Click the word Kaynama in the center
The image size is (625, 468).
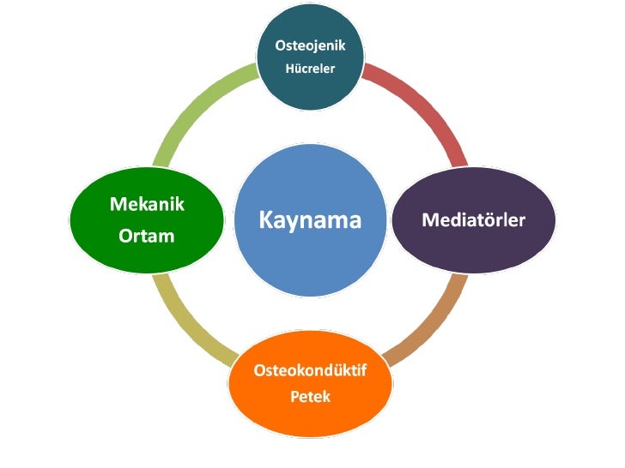310,221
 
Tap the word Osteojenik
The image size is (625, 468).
310,45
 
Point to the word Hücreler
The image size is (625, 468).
310,69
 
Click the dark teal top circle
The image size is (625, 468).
310,86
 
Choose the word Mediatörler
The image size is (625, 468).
473,220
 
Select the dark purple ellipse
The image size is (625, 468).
473,249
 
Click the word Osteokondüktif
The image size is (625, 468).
310,371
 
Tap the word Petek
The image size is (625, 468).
310,398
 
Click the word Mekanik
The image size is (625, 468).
147,204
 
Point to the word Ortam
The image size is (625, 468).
146,235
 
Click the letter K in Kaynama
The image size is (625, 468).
265,221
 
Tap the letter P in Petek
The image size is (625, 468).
294,398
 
